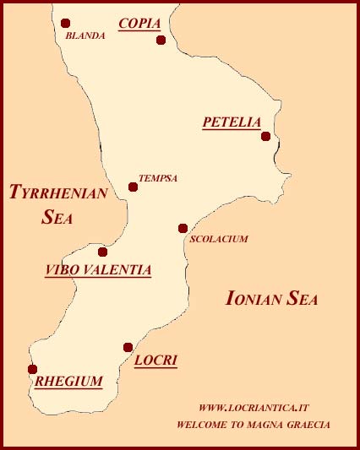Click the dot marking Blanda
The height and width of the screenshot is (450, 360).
[x=66, y=24]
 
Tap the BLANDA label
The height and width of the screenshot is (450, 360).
[x=85, y=36]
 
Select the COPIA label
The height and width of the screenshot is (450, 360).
[x=139, y=24]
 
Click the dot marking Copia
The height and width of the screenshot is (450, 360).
[x=161, y=40]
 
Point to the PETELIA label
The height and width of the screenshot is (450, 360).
[x=232, y=122]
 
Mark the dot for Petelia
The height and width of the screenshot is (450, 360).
[x=265, y=136]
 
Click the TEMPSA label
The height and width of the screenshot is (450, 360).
[x=158, y=178]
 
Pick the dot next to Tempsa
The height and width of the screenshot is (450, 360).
[x=133, y=187]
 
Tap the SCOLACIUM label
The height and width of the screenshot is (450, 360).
[x=219, y=239]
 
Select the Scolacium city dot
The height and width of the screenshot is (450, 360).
[x=183, y=228]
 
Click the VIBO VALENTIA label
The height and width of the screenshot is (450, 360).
[x=98, y=270]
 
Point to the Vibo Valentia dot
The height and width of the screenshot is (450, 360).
[x=102, y=252]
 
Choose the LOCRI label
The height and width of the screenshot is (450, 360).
[x=155, y=361]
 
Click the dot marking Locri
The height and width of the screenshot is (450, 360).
[x=128, y=347]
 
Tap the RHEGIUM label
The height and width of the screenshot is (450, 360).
[x=68, y=382]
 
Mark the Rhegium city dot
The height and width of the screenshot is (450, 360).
[x=32, y=369]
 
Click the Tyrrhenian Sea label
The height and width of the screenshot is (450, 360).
[x=57, y=204]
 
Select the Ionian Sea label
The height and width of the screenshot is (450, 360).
[x=271, y=298]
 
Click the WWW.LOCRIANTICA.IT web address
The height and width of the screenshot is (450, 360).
[x=254, y=407]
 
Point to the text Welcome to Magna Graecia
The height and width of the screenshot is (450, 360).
[x=254, y=425]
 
